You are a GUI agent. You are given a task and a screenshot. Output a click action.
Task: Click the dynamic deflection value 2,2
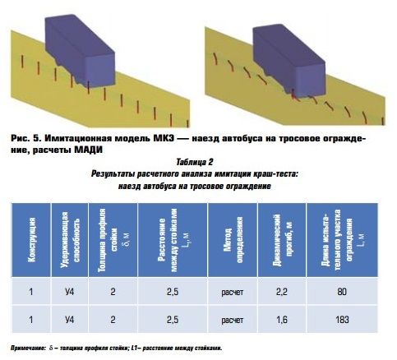(282, 292)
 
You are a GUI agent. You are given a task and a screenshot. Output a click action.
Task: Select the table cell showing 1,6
(282, 320)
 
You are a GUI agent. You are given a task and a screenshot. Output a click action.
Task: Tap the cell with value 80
(342, 292)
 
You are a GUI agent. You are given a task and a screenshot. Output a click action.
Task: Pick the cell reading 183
(342, 320)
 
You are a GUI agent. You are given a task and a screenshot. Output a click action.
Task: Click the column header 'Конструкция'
(31, 240)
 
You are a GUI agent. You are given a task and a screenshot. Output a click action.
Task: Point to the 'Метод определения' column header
(233, 240)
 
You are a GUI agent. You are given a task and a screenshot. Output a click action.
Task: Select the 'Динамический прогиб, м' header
(282, 240)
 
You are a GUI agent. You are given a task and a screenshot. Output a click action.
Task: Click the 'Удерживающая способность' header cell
(70, 240)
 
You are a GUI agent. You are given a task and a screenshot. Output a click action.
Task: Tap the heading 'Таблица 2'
(195, 162)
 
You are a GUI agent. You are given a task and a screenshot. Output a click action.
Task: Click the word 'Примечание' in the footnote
(27, 348)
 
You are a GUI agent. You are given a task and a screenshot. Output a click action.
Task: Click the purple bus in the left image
(80, 51)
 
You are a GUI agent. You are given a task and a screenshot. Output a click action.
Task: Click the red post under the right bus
(293, 94)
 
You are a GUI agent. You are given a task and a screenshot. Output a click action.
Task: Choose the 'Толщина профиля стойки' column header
(113, 240)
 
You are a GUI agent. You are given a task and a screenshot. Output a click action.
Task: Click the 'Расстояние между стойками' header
(173, 240)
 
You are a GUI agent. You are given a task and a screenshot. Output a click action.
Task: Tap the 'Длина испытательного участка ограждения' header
(343, 240)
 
